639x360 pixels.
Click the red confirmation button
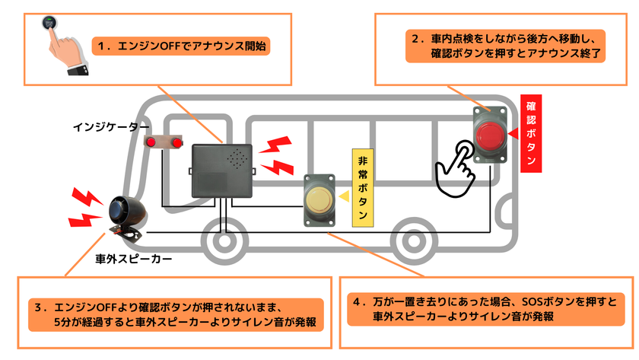(x=490, y=135)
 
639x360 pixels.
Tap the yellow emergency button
(x=319, y=201)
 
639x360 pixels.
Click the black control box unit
(x=222, y=170)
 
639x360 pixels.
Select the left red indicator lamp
(x=151, y=142)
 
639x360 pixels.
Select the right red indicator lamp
(x=176, y=142)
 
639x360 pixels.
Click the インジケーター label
(x=111, y=127)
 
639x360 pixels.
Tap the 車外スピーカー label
(x=134, y=259)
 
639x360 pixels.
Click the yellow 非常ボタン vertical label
(x=363, y=187)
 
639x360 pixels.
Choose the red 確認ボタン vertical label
(x=531, y=133)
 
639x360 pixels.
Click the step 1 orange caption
(x=181, y=46)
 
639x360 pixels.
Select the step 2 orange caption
(x=505, y=46)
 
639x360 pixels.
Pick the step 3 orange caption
(x=176, y=315)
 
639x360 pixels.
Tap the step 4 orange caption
(x=486, y=309)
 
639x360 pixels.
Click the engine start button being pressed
(x=49, y=23)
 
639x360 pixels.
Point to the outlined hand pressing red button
(x=455, y=169)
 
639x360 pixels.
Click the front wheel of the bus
(x=224, y=241)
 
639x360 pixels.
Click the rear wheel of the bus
(x=414, y=241)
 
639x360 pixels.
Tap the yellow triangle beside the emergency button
(x=345, y=196)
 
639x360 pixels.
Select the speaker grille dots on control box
(x=237, y=159)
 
